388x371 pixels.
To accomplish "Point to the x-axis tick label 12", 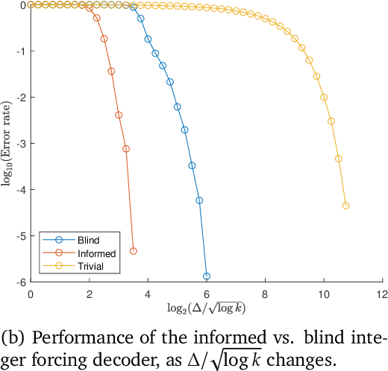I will point(382,294).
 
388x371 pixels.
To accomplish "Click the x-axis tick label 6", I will point(207,294).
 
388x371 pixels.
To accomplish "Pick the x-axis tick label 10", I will point(324,294).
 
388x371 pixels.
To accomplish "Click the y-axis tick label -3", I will point(20,144).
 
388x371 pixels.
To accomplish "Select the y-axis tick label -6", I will point(20,282).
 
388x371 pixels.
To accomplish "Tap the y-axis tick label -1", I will point(20,51).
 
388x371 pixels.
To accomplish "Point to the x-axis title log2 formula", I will point(206,307).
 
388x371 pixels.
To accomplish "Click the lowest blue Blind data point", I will point(207,276).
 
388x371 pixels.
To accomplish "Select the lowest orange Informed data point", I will point(134,251).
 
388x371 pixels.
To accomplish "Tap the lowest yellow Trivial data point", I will point(345,206).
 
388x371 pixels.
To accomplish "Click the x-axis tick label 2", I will point(90,294).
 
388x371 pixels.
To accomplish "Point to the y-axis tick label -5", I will point(20,236).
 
